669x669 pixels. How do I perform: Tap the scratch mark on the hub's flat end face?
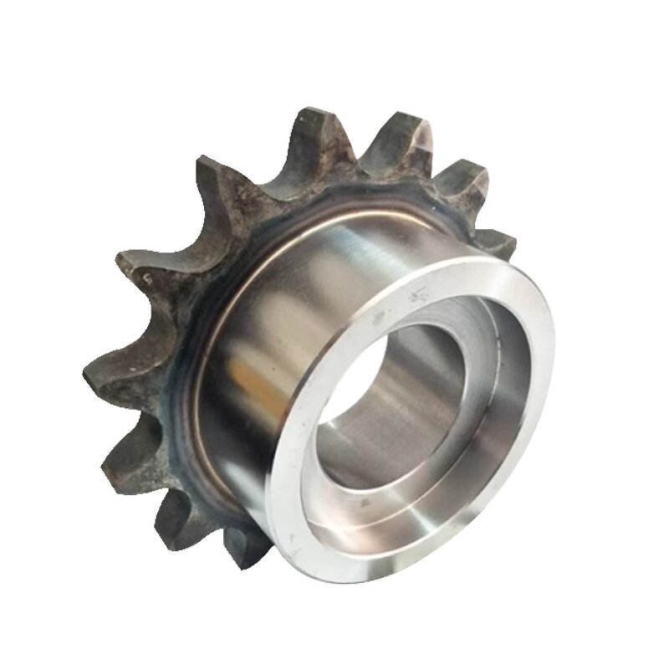coord(416,294)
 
